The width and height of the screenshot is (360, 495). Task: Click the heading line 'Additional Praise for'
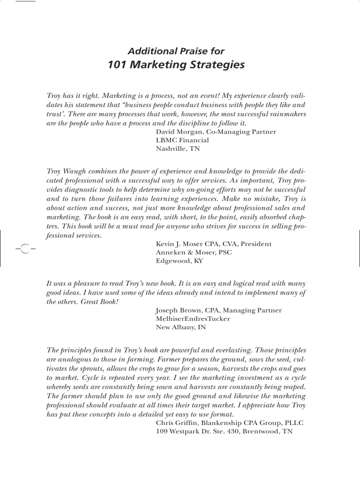point(176,52)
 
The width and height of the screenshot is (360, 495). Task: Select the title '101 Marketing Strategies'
point(176,65)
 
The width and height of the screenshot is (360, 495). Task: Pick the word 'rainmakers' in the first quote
point(287,114)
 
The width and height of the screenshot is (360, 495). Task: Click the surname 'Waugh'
point(75,171)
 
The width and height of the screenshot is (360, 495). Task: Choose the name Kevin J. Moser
point(178,244)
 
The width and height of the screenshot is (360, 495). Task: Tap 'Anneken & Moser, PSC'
point(194,253)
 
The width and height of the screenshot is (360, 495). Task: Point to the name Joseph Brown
point(178,310)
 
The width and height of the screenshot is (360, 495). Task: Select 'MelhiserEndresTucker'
point(193,319)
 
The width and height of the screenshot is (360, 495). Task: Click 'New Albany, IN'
point(181,328)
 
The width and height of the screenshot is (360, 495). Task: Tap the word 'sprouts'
point(90,368)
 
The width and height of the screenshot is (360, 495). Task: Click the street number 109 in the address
point(162,432)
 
